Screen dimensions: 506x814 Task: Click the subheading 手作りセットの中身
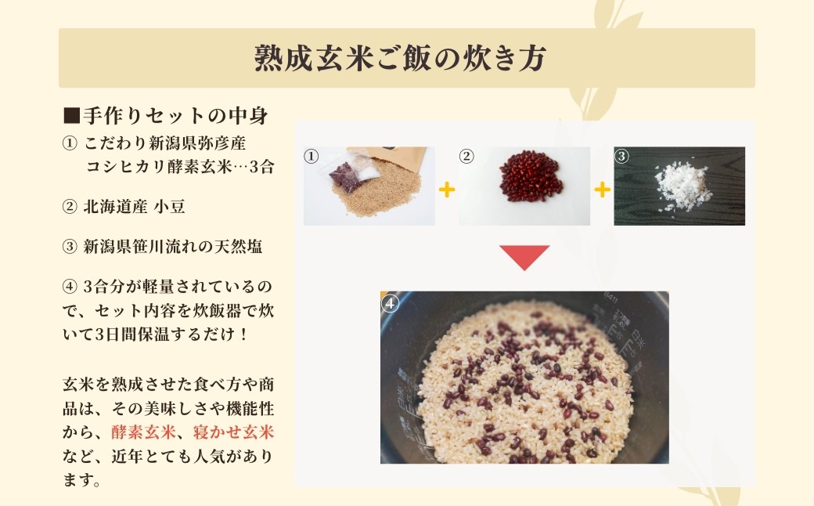coord(175,117)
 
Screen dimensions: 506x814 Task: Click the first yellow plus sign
coord(446,190)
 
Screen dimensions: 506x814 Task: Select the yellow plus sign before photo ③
coord(602,190)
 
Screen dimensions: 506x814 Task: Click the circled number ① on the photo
coord(312,157)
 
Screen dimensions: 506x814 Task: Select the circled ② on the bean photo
coord(466,157)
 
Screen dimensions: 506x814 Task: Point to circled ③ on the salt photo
coord(622,156)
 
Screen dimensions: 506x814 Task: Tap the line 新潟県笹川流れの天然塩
coord(173,246)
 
